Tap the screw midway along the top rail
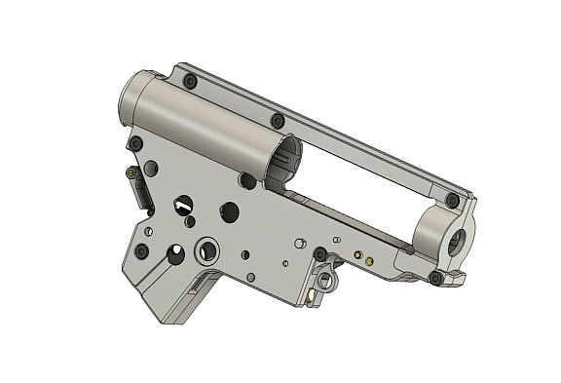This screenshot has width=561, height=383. coord(278,120)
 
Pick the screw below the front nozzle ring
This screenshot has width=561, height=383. coord(435,278)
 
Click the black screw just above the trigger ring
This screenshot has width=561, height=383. coord(319,254)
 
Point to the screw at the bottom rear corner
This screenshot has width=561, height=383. coord(142,250)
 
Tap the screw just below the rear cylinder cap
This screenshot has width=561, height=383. coord(134,143)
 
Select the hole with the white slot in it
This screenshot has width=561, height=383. coord(182,205)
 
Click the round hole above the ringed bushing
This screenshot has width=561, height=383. coord(230,211)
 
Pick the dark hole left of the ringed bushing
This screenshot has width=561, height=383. coord(175,255)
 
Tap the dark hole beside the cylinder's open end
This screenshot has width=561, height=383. coord(248,181)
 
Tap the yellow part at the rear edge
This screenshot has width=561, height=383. coord(131,173)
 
